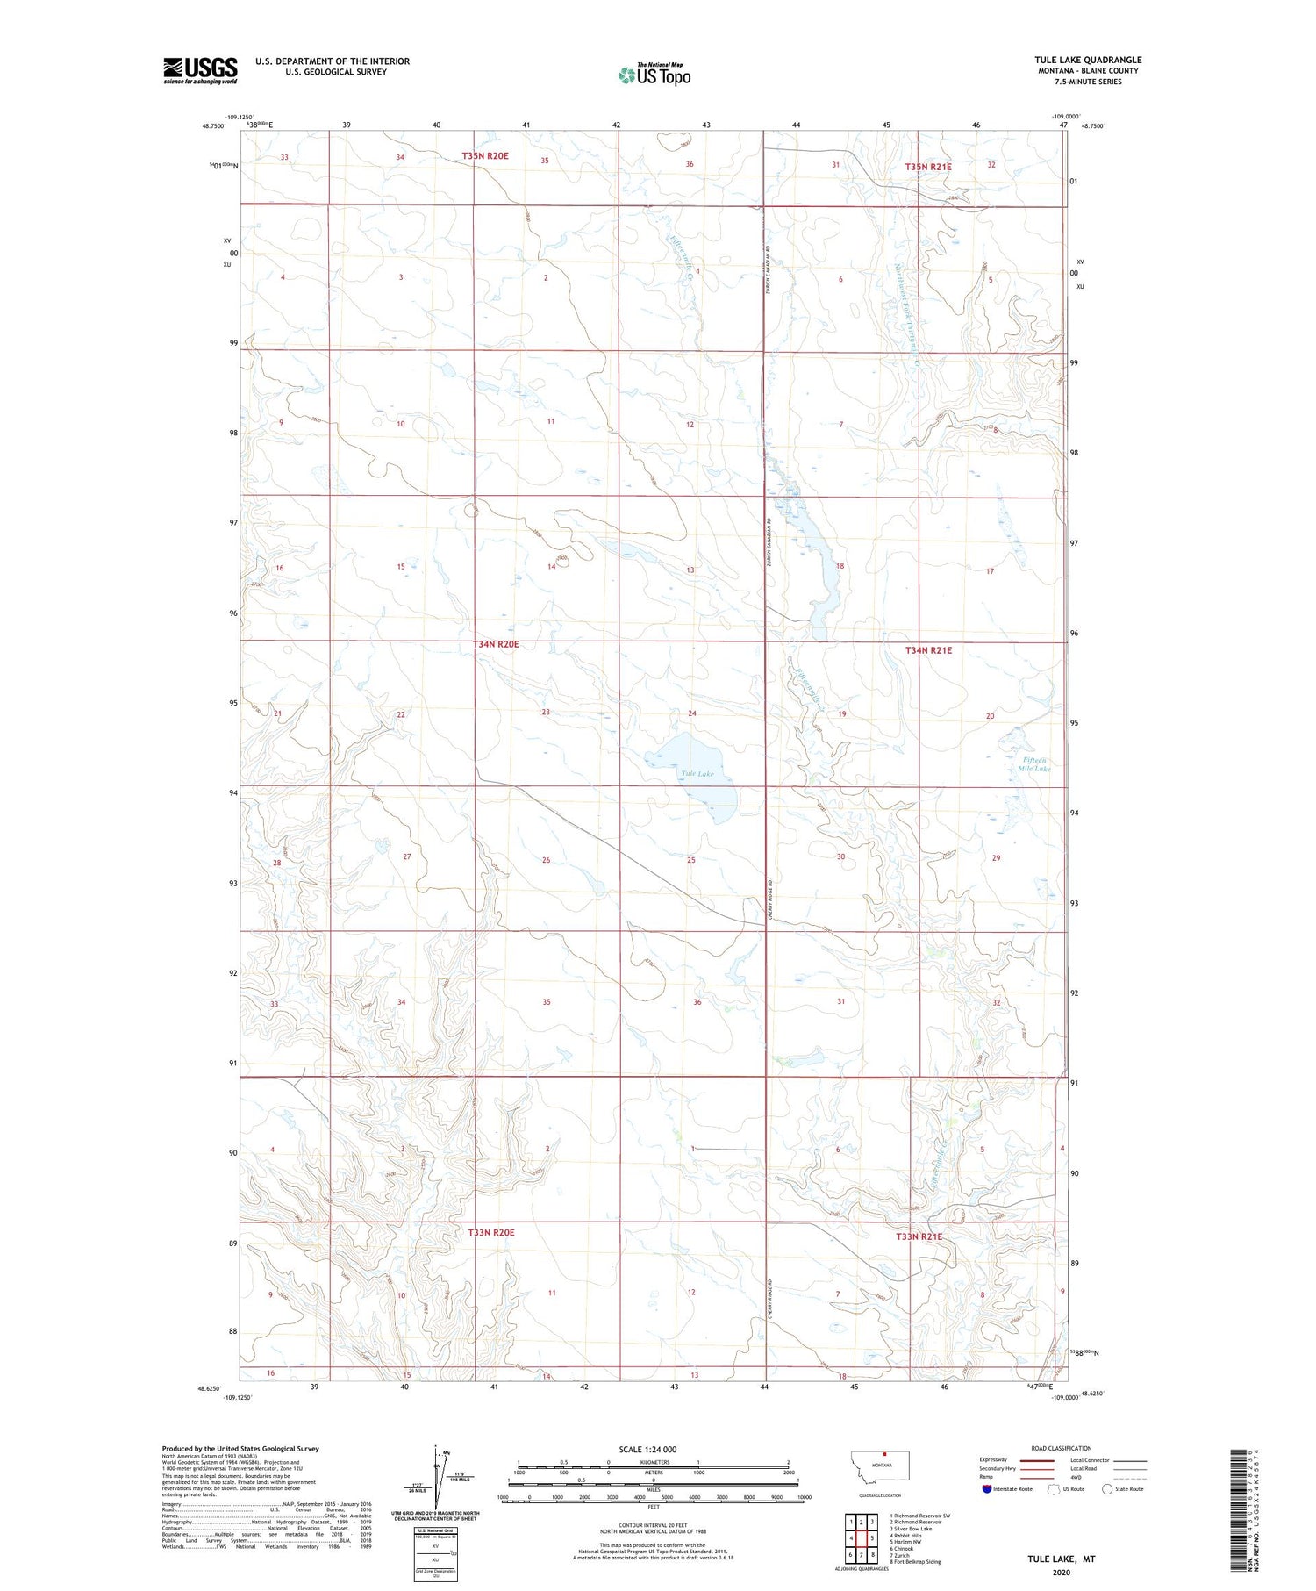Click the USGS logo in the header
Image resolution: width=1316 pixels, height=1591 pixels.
pos(200,70)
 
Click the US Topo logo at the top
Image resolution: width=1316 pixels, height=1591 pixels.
pos(654,75)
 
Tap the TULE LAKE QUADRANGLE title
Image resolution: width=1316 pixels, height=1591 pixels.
pos(1087,60)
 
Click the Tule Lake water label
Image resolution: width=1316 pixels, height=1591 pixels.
pos(698,773)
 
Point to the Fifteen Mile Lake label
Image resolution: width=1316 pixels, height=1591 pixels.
pos(1033,764)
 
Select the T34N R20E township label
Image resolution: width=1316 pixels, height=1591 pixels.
pos(496,644)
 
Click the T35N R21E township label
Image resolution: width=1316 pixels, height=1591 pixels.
pos(928,166)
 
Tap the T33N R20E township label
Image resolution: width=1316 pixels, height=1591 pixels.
pos(491,1232)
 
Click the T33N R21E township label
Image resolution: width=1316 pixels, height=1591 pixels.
pos(919,1236)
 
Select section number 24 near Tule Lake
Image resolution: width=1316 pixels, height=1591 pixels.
pos(692,713)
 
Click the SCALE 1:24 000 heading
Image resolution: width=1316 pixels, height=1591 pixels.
pos(647,1449)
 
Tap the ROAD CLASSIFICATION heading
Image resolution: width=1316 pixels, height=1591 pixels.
pos(1062,1448)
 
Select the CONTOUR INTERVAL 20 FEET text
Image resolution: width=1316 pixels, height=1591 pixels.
pos(653,1525)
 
